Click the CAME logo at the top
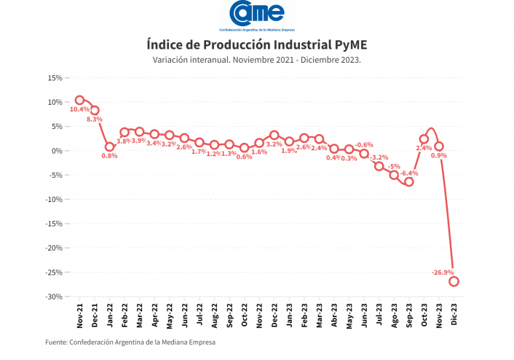click(257, 14)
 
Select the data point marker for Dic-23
click(454, 281)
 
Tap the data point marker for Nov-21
click(80, 100)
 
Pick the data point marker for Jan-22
click(110, 146)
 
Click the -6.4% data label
click(409, 173)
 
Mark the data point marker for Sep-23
click(409, 181)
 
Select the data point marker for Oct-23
click(424, 138)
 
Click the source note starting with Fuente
click(130, 342)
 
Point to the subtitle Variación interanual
click(257, 60)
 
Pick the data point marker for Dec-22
click(274, 135)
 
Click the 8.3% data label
click(95, 119)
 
